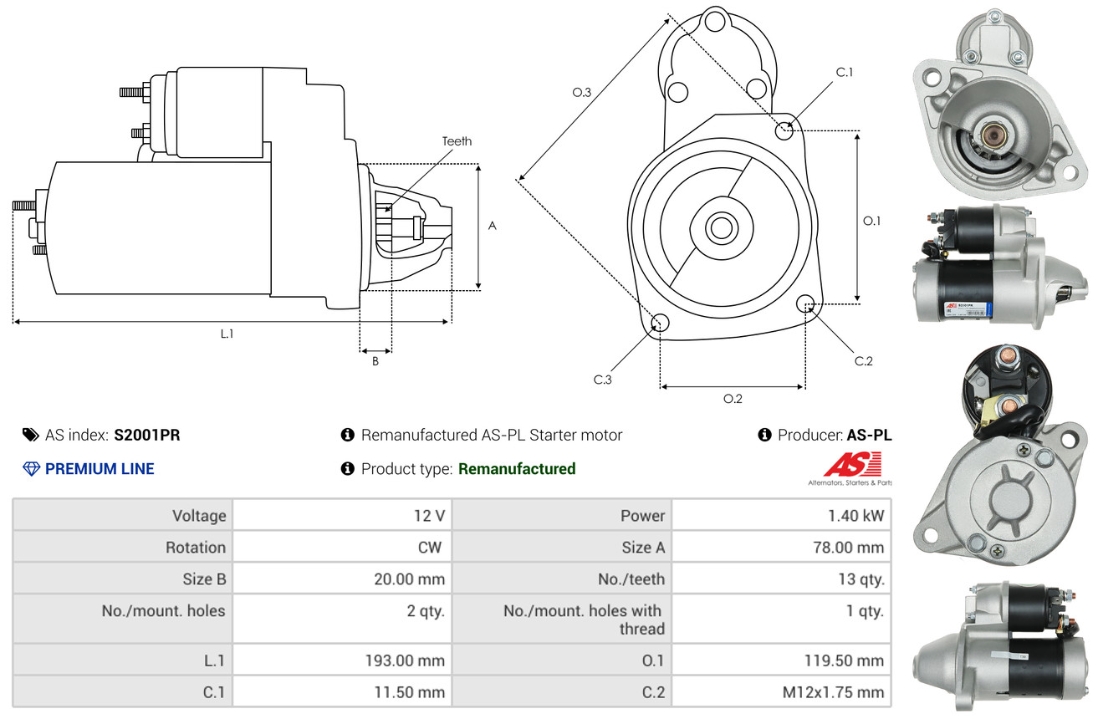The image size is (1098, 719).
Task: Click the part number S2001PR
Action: tap(147, 435)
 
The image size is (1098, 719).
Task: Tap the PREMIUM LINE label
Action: tap(100, 469)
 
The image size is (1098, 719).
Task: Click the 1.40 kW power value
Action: tap(855, 516)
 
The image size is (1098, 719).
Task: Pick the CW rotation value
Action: tap(432, 548)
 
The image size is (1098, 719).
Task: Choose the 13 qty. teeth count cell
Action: tap(861, 579)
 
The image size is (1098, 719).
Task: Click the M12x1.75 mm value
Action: tap(832, 692)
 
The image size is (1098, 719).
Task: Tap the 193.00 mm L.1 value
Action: tap(404, 660)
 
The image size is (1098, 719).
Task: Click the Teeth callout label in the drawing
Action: tap(457, 141)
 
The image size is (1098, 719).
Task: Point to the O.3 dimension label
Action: tap(582, 93)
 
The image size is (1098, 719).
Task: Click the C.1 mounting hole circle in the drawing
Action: tap(784, 130)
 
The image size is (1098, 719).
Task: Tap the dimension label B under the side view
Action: tap(375, 362)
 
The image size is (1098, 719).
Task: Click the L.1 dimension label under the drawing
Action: tap(227, 334)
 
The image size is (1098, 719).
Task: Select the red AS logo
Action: tap(852, 464)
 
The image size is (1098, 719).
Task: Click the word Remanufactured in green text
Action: tap(517, 469)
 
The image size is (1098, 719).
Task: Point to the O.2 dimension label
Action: tap(733, 399)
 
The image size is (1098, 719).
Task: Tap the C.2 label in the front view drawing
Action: tap(863, 361)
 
